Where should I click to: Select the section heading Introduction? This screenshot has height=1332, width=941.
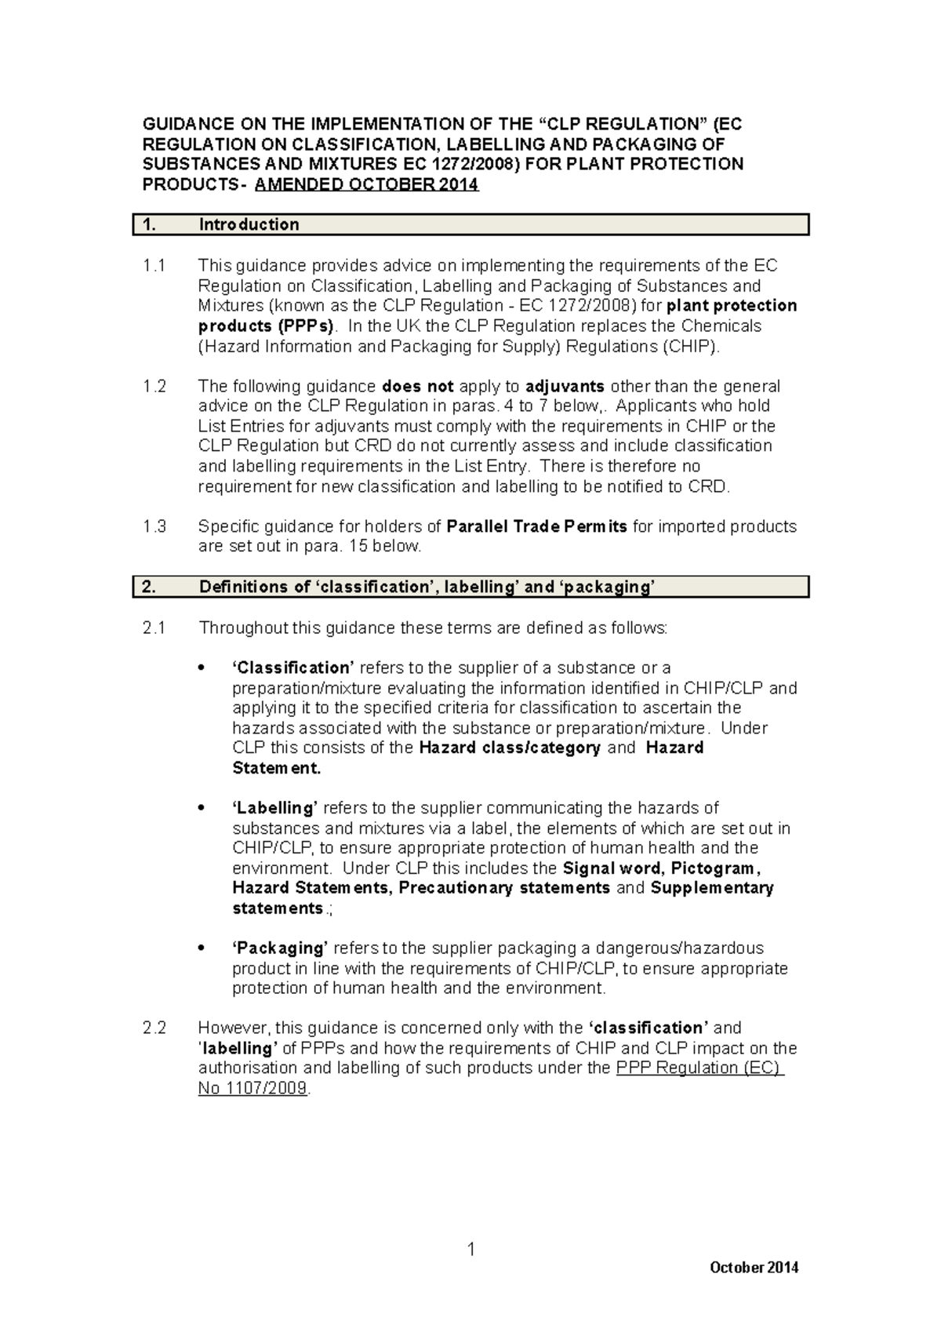[249, 225]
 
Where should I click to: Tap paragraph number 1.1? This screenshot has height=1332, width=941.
[154, 266]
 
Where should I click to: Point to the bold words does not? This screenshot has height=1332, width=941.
[417, 387]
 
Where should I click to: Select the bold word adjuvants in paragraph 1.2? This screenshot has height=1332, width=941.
[565, 387]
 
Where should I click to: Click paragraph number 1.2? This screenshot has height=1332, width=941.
[155, 387]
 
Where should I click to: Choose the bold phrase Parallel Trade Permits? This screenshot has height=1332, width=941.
[536, 526]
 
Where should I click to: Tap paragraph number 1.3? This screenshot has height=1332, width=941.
[155, 526]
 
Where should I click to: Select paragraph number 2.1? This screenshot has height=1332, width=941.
[155, 628]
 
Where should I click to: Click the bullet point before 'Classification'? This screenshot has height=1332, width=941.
[202, 668]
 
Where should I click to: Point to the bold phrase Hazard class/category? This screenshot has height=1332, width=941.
[510, 748]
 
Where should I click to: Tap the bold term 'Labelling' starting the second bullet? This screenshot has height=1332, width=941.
[274, 808]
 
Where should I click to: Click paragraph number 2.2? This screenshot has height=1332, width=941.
[155, 1028]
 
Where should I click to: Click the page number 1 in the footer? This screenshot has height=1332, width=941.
[470, 1250]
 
